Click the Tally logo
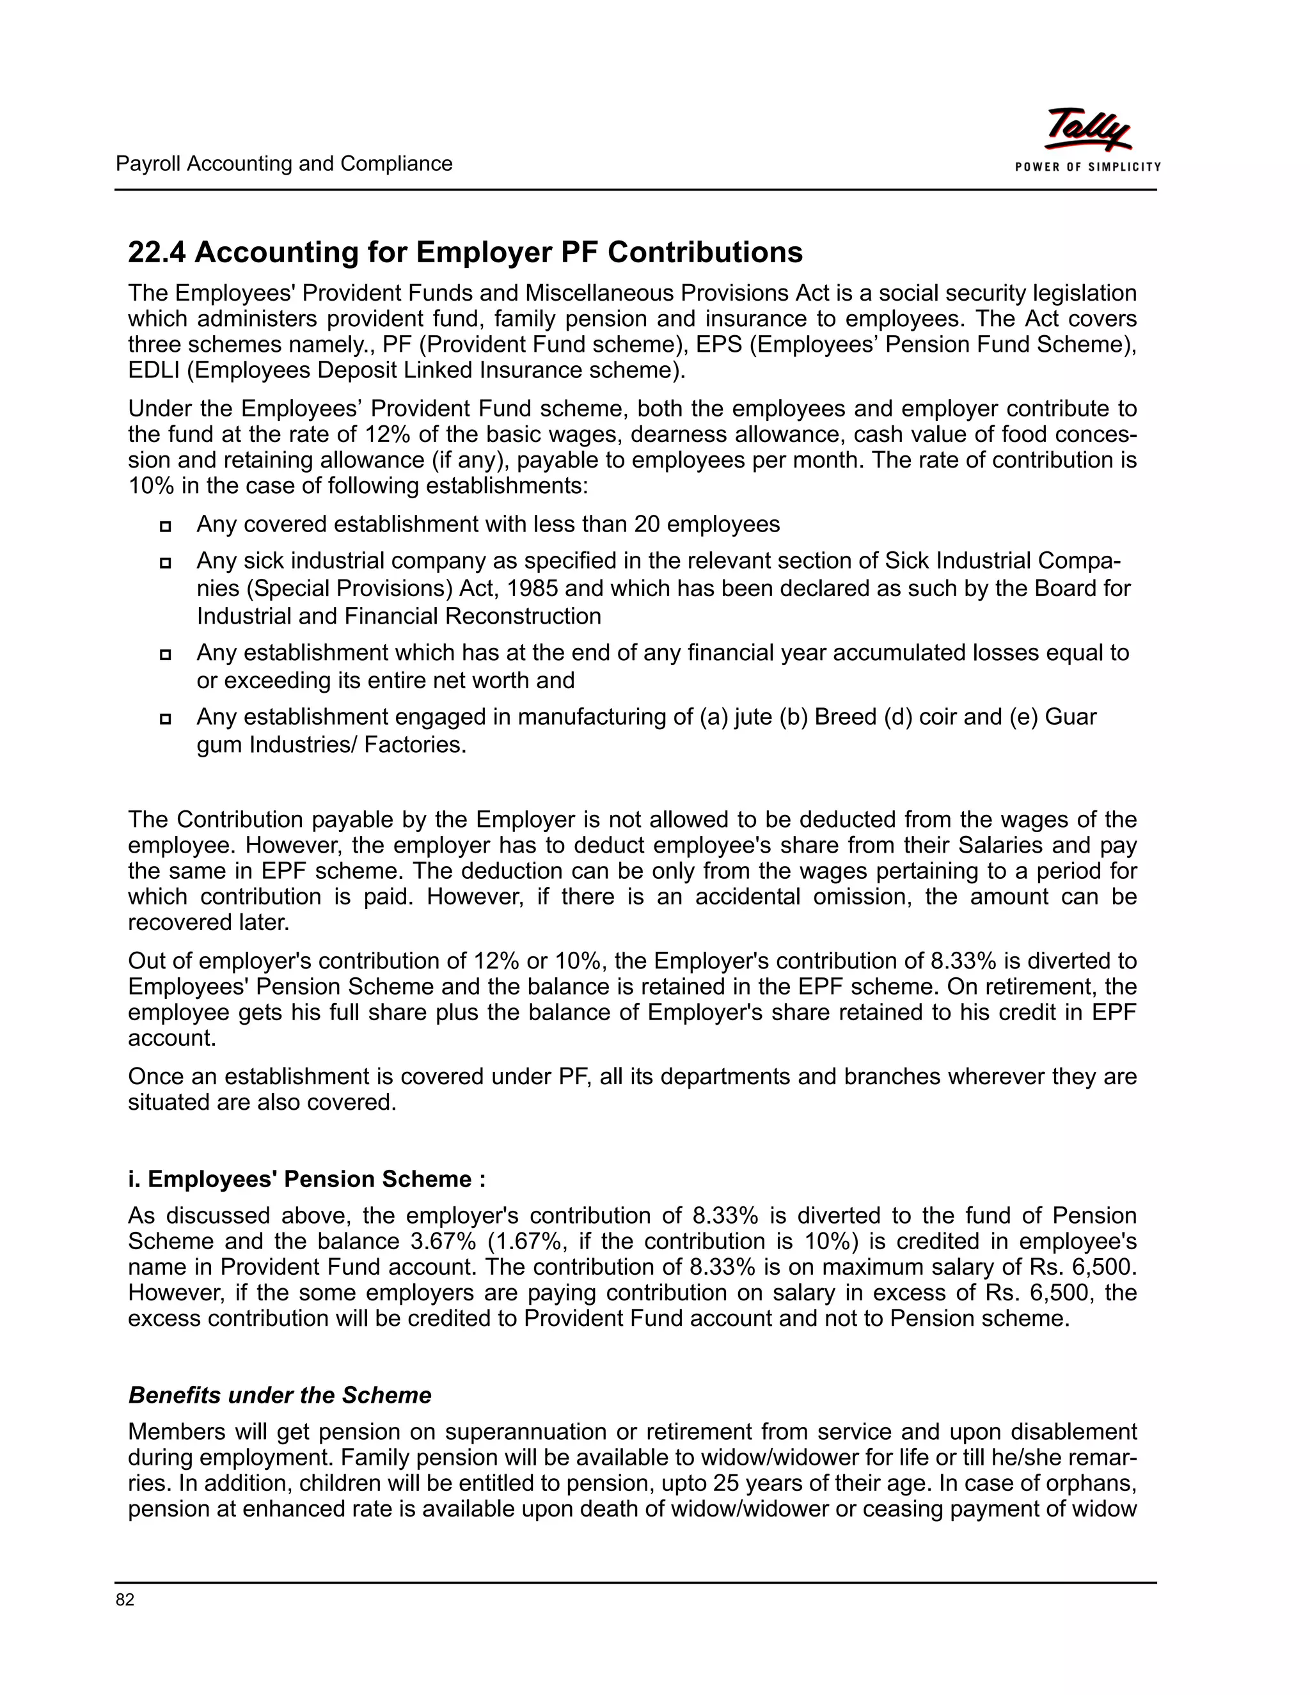click(x=1087, y=130)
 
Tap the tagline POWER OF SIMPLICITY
click(x=1088, y=167)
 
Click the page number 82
click(x=125, y=1600)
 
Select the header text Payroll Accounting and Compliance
click(x=284, y=164)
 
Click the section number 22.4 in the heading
click(x=157, y=252)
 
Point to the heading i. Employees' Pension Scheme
click(x=306, y=1179)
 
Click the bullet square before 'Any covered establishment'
click(x=165, y=527)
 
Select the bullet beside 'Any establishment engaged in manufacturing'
click(x=165, y=719)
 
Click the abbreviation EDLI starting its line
click(x=154, y=370)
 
